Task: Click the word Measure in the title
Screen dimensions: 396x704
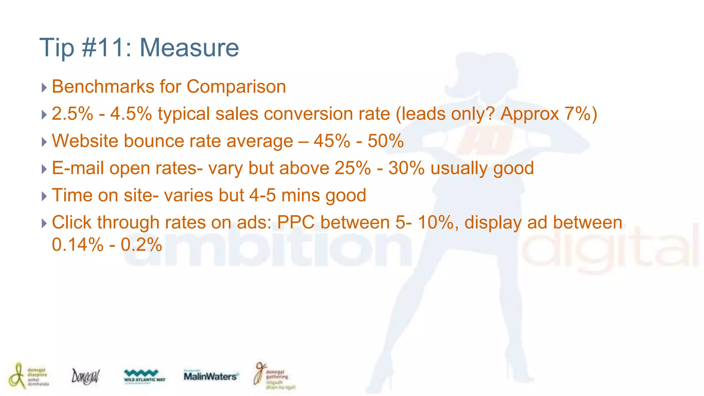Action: click(189, 47)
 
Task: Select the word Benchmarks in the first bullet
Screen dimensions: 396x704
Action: click(103, 86)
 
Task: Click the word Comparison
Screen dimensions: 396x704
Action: click(236, 86)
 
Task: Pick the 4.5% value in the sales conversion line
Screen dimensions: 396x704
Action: click(131, 113)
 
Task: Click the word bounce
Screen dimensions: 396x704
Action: click(155, 141)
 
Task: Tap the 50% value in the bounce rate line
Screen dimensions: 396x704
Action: click(386, 141)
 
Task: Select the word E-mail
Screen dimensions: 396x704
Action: click(78, 168)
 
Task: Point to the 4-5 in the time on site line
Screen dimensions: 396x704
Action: click(262, 195)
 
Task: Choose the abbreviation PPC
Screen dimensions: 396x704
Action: click(296, 222)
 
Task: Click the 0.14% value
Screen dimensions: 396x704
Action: click(78, 245)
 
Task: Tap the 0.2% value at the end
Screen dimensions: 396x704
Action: click(141, 245)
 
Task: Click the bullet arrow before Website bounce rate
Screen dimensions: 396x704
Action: click(44, 142)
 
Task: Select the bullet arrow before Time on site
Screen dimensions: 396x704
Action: click(44, 196)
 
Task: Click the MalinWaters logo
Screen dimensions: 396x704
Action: click(210, 376)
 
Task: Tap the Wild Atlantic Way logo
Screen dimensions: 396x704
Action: click(144, 376)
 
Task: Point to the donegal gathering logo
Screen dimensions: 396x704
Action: click(274, 377)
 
